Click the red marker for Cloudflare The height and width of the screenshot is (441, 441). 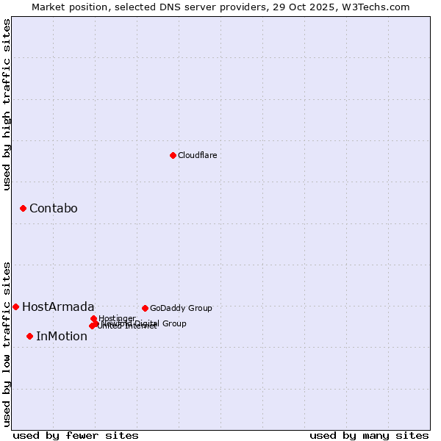(x=173, y=155)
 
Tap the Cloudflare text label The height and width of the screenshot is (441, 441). (x=197, y=155)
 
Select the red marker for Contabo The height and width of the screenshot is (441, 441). (x=24, y=209)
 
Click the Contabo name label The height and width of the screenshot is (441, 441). (x=53, y=209)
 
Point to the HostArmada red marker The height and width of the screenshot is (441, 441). (x=15, y=306)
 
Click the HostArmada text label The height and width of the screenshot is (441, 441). (x=58, y=306)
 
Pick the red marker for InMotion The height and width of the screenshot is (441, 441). (x=29, y=337)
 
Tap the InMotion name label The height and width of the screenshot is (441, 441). (x=62, y=337)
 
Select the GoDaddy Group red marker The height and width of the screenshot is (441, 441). (x=145, y=308)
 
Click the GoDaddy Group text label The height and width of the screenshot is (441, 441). (x=181, y=308)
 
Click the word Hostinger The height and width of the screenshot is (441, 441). (x=117, y=318)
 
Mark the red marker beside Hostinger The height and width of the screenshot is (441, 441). (x=93, y=318)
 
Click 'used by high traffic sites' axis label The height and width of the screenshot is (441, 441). (x=7, y=104)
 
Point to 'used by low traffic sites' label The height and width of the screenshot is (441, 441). (x=7, y=344)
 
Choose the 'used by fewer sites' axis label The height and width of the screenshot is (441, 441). (x=76, y=435)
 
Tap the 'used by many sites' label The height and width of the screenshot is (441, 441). (x=369, y=435)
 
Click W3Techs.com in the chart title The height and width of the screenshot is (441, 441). (x=379, y=7)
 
